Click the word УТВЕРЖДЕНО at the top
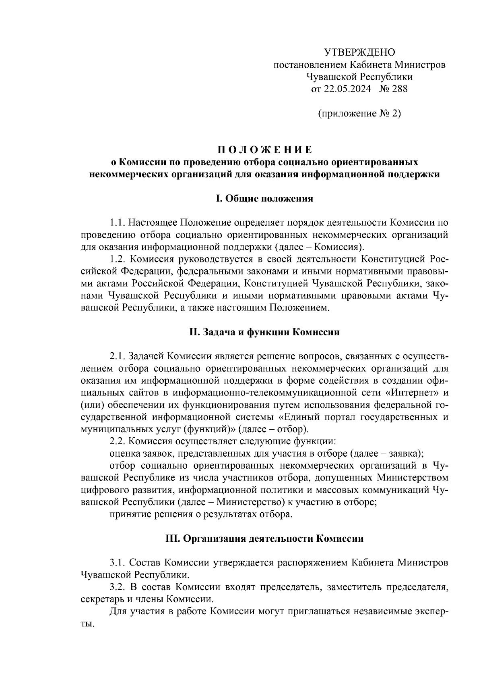click(359, 52)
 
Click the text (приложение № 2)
click(359, 113)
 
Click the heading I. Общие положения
click(264, 199)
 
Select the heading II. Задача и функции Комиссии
click(264, 332)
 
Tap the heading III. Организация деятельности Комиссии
click(264, 538)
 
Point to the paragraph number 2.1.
click(118, 356)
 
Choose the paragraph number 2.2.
click(118, 441)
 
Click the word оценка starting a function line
click(124, 453)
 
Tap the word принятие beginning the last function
click(128, 514)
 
